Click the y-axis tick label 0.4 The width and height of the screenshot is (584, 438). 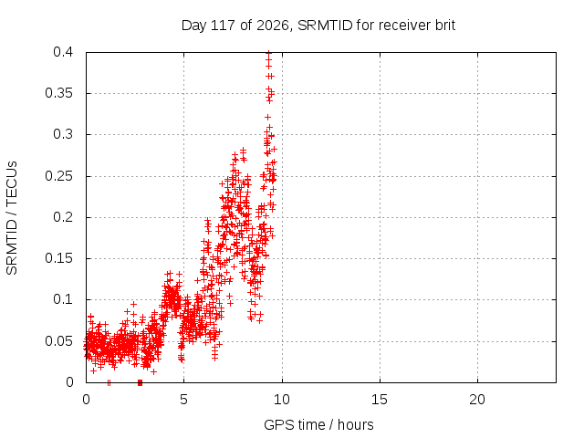[63, 52]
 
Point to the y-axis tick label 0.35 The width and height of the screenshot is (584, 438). [58, 93]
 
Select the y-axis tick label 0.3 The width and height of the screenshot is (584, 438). [63, 134]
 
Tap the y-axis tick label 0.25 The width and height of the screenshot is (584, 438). [58, 176]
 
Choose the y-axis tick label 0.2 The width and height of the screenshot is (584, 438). [63, 217]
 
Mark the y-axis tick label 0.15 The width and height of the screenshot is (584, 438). [58, 258]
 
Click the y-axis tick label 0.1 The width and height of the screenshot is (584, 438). [63, 299]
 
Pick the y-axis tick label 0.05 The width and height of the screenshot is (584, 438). [58, 340]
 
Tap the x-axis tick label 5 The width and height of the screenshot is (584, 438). [183, 400]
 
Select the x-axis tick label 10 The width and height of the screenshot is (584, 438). [282, 400]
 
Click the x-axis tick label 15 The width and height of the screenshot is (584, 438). [380, 400]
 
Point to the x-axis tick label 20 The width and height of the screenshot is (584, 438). [477, 400]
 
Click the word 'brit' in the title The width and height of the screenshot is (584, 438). [445, 26]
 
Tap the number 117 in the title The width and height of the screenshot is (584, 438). [223, 26]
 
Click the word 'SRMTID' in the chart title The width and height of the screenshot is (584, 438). [325, 26]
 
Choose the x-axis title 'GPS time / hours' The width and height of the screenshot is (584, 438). [318, 424]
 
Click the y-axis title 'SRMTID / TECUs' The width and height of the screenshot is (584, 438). [12, 218]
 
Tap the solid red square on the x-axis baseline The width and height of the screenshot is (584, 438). [140, 382]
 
